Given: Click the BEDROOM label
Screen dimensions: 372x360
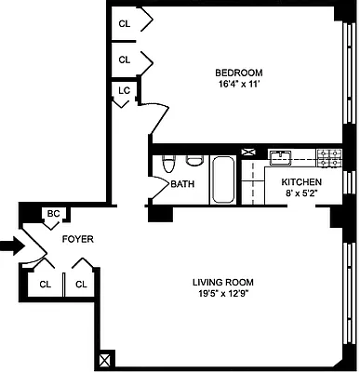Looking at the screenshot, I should click(x=238, y=73).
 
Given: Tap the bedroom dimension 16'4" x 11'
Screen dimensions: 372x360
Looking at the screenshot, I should click(x=238, y=85).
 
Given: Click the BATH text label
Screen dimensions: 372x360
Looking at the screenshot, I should click(x=182, y=184).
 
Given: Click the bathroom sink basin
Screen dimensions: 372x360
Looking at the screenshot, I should click(x=193, y=159).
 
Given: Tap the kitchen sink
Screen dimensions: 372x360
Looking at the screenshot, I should click(x=282, y=156).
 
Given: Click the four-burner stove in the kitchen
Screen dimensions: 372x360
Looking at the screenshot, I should click(x=327, y=156).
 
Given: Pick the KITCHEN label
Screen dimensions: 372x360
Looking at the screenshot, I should click(x=302, y=182).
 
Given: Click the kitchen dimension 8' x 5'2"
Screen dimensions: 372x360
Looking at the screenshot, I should click(x=302, y=193).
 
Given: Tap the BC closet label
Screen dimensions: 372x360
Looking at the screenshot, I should click(x=54, y=214).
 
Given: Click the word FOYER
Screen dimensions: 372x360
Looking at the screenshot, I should click(x=77, y=239).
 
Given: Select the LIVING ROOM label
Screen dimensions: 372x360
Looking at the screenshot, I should click(x=223, y=283).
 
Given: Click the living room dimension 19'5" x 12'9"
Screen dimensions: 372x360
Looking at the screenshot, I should click(x=223, y=295).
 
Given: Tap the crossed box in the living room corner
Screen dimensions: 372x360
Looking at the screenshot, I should click(x=105, y=358).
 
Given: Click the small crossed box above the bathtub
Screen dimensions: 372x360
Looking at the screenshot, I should click(x=221, y=150).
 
